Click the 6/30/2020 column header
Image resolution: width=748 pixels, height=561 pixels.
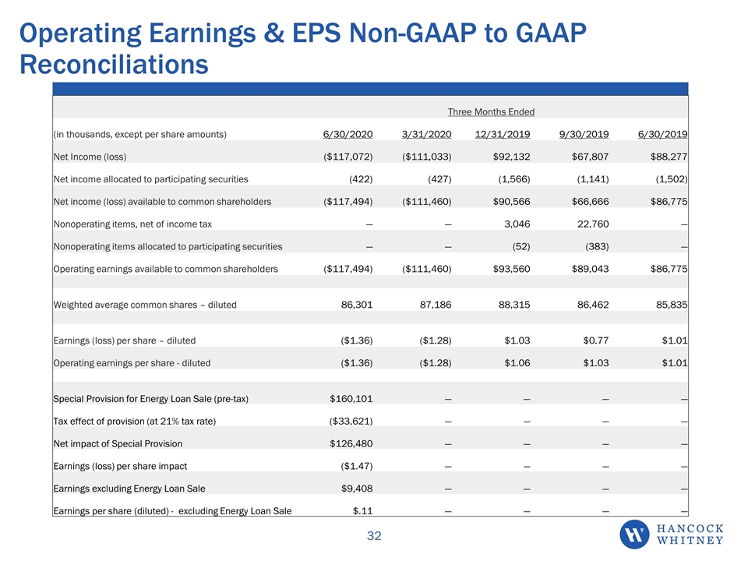[x=348, y=134]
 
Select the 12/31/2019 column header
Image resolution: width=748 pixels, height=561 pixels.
[x=503, y=134]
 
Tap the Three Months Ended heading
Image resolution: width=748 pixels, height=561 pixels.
[x=491, y=111]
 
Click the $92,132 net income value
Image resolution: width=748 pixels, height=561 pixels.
[x=511, y=157]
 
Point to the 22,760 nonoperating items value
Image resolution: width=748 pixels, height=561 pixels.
[x=593, y=224]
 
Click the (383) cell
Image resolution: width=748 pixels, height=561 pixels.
[x=597, y=246]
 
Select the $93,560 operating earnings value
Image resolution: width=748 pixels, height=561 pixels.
[x=511, y=269]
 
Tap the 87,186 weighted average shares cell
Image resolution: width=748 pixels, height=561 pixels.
[x=436, y=305]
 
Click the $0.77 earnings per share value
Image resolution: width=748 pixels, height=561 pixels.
[x=596, y=340]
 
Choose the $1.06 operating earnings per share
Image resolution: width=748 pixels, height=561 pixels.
[x=517, y=362]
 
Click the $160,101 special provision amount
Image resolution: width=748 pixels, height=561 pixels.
[x=351, y=398]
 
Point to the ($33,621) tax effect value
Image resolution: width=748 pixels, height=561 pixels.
[x=351, y=421]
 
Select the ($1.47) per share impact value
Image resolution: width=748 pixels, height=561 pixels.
[x=357, y=466]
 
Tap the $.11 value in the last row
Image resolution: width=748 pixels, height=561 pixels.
[x=362, y=510]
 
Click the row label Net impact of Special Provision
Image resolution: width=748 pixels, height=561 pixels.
[x=118, y=443]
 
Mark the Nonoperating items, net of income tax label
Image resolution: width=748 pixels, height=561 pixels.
[x=132, y=224]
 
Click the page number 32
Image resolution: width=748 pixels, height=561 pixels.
[x=374, y=536]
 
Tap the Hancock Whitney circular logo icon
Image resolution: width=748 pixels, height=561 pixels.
[x=634, y=535]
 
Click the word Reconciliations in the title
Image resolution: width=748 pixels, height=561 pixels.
[x=114, y=65]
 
